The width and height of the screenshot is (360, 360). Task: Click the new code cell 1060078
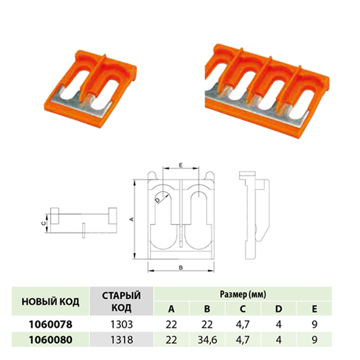[x=50, y=325]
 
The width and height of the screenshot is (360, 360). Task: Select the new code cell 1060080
[x=50, y=340]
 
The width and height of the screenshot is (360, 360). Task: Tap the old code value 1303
[x=122, y=325]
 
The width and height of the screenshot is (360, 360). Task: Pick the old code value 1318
[x=122, y=340]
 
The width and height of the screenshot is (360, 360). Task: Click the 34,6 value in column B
[x=207, y=340]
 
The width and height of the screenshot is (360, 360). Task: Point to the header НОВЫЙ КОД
[x=50, y=302]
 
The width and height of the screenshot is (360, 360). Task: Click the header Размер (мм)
[x=243, y=294]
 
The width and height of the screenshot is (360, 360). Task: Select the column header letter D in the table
[x=278, y=309]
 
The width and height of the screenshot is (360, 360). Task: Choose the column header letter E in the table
[x=314, y=309]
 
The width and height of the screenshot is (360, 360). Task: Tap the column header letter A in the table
[x=171, y=309]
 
